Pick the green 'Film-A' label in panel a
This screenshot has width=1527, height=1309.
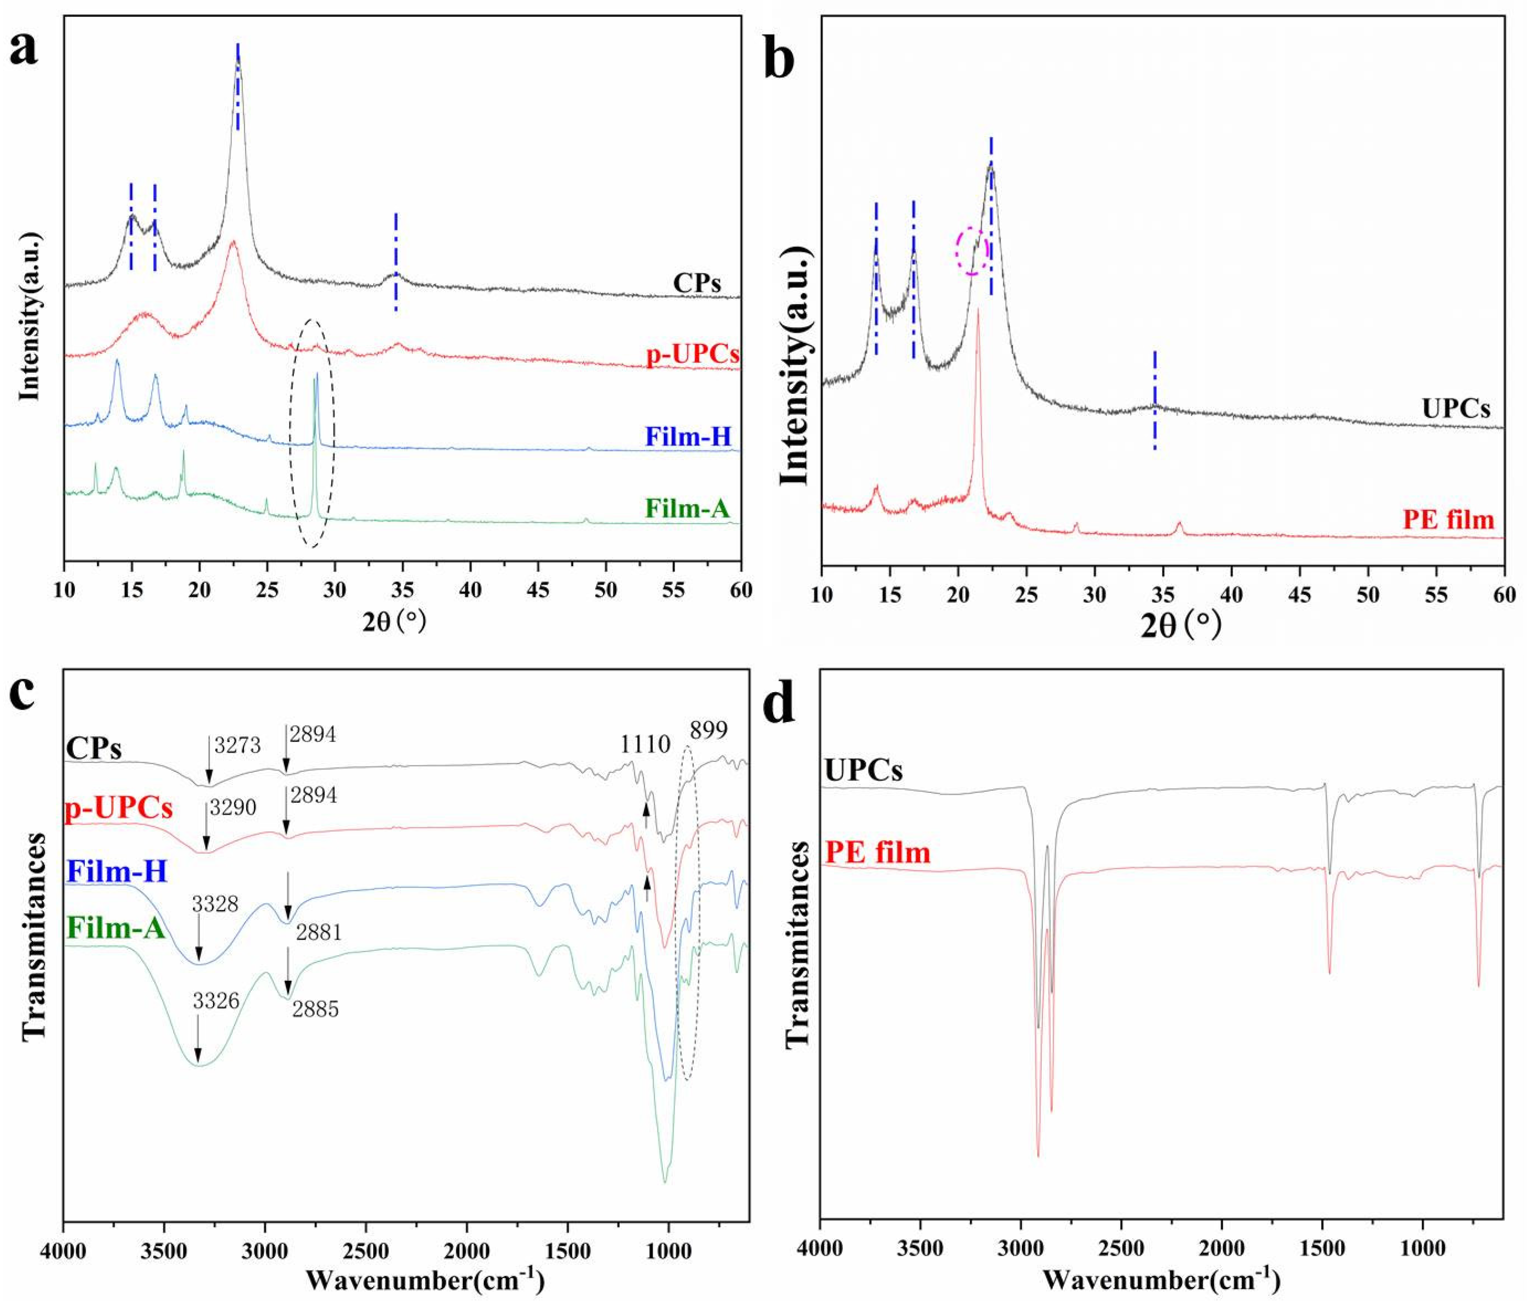pos(687,508)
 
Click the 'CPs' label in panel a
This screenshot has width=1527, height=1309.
pos(696,283)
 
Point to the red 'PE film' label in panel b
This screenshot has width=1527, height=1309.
pos(1448,520)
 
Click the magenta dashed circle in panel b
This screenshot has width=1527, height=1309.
pos(972,251)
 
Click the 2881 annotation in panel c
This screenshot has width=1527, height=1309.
pos(318,933)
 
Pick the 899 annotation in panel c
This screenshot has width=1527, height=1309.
pos(708,730)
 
